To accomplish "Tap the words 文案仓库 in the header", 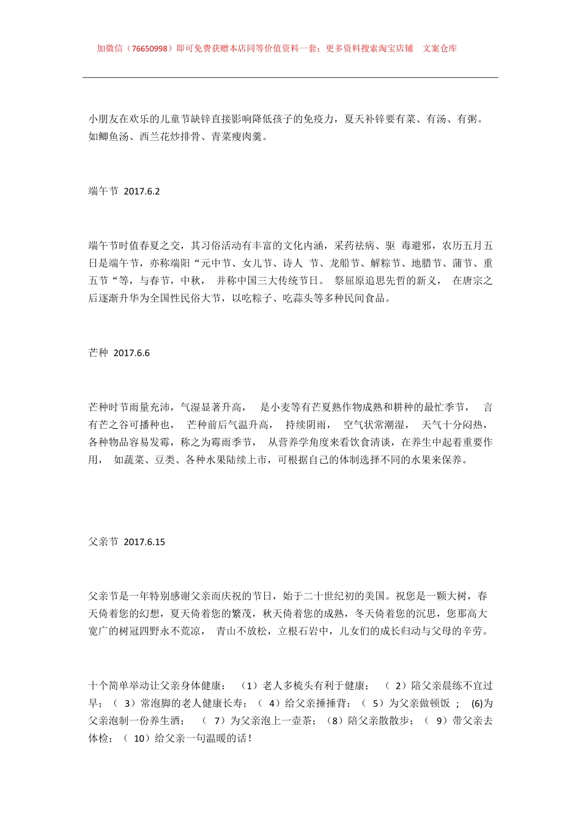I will pos(440,49).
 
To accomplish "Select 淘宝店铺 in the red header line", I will pos(396,49).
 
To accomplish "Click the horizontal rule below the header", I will pos(290,78).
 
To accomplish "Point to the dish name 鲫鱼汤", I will pos(114,137).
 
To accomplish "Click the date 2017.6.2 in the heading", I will pos(142,191).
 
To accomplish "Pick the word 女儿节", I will pos(257,264).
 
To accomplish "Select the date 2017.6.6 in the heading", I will pos(131,353).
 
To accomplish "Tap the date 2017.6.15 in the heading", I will pos(144,542).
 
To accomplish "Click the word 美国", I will pos(376,596).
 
